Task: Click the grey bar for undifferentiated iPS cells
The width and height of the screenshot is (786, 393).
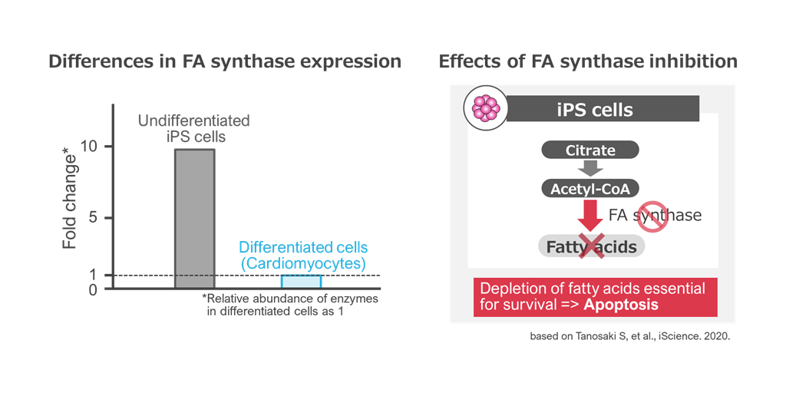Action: [194, 219]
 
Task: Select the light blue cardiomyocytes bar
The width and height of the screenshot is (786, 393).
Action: [301, 281]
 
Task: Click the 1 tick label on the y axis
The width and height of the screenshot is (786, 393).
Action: [92, 275]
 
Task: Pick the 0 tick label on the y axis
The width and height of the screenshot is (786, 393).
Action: [92, 289]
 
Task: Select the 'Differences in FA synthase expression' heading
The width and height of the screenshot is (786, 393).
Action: [225, 61]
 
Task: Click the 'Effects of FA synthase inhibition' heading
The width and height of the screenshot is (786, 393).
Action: [588, 61]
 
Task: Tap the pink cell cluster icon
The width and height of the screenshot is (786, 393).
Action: [485, 107]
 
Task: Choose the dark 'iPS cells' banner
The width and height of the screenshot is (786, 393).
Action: [603, 108]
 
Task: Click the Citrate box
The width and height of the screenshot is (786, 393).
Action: [590, 150]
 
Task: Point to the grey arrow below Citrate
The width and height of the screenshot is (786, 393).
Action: [590, 168]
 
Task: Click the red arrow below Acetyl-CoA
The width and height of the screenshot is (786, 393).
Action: [590, 215]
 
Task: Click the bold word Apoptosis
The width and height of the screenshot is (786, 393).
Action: [620, 305]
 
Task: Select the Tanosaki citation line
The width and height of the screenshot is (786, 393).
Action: [629, 336]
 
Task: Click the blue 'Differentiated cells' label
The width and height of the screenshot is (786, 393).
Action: [303, 248]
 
